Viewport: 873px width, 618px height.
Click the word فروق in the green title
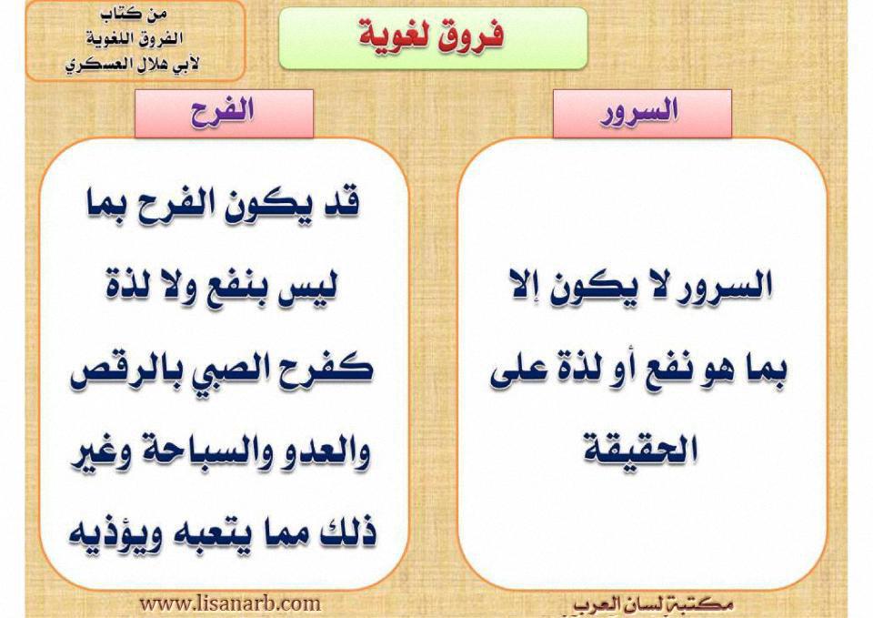(x=472, y=35)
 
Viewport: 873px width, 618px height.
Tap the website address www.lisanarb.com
(x=229, y=603)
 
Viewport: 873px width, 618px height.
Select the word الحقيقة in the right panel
(x=641, y=450)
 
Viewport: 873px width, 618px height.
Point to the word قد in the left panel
(x=342, y=204)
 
